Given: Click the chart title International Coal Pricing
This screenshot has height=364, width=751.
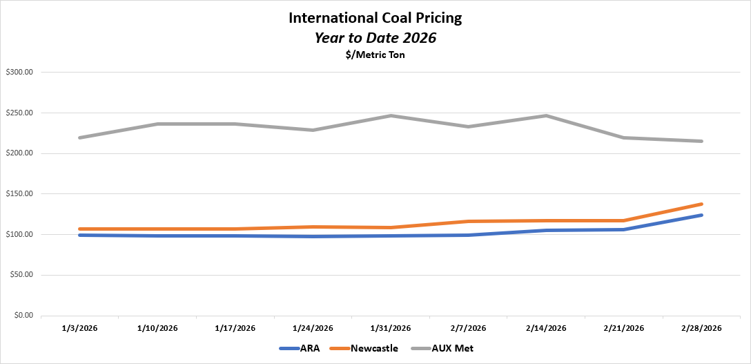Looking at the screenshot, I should [x=375, y=18].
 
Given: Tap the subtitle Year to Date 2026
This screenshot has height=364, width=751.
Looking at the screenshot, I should [x=375, y=38].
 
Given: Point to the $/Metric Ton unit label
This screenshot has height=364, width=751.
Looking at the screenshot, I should [x=375, y=55].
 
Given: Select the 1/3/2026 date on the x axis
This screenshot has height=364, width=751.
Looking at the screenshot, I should [x=79, y=328].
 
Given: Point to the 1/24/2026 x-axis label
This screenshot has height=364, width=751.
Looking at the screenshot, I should [x=313, y=328].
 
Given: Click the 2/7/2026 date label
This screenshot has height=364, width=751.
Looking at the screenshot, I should [x=469, y=328].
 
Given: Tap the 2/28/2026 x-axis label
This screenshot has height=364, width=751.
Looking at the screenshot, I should [x=702, y=328].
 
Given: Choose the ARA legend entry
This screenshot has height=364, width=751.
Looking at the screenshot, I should [x=299, y=349].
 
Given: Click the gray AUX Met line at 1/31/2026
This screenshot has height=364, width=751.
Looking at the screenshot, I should [x=391, y=115].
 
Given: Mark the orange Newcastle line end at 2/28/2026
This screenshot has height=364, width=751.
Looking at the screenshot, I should [x=702, y=204].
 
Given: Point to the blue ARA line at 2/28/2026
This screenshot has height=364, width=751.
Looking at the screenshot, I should [x=702, y=215].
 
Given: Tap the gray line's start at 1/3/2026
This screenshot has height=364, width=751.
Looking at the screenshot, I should [x=79, y=137].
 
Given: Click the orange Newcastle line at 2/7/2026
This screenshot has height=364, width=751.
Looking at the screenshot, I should [x=469, y=221].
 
